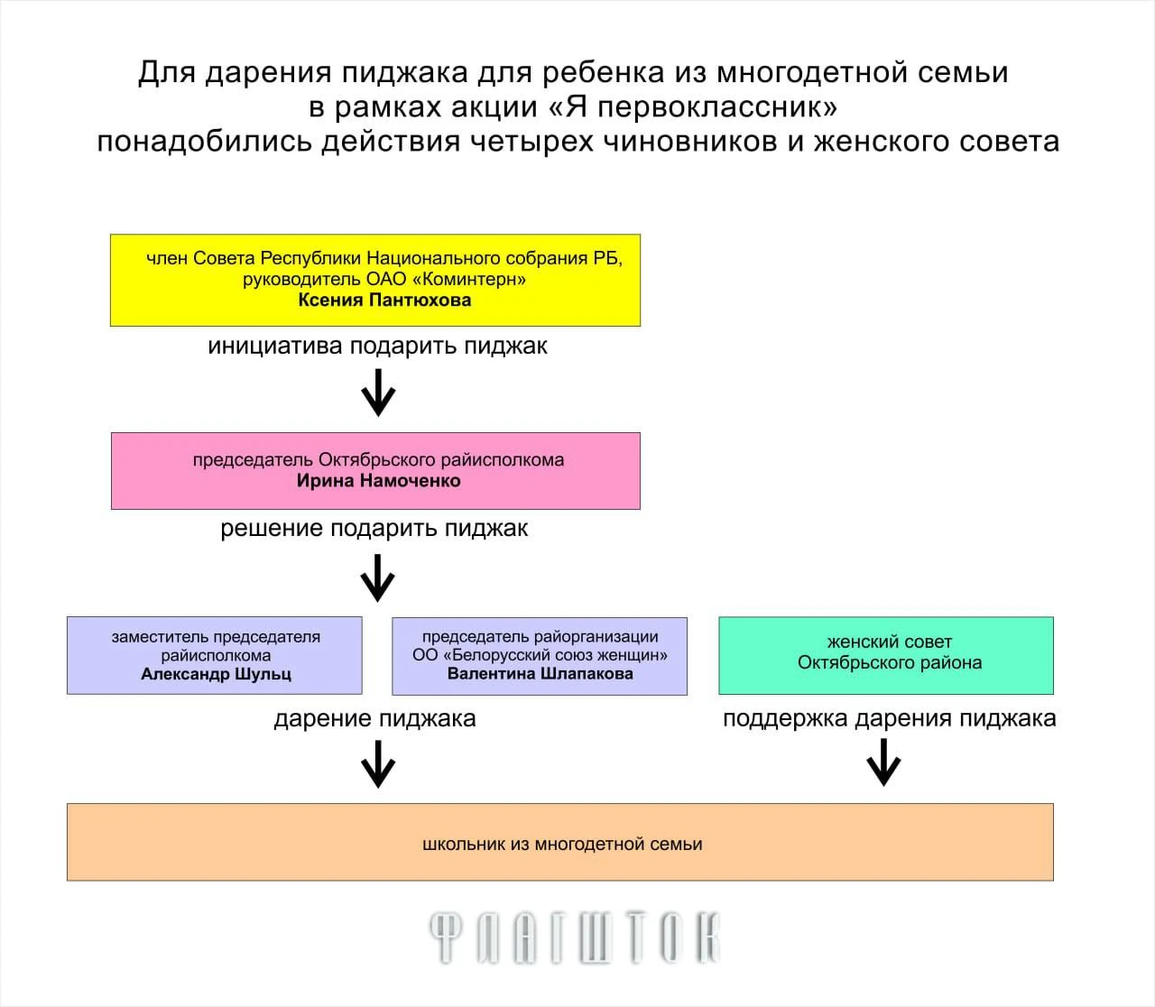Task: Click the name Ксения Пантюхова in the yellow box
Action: pos(384,300)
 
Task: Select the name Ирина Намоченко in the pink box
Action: pos(378,481)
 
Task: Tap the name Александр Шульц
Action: pos(217,674)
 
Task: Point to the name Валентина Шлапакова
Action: pos(541,673)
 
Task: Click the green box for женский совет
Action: pos(886,655)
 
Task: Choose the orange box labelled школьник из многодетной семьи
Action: pos(560,842)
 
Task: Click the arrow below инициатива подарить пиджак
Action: pos(378,393)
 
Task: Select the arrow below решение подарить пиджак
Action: pos(378,578)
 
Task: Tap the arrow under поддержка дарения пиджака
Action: pos(883,763)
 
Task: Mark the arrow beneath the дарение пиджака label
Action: pos(378,764)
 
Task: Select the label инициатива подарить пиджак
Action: pos(378,346)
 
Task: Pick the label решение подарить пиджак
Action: pos(374,529)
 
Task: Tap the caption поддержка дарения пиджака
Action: pos(890,718)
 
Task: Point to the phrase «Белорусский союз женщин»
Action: pos(560,655)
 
